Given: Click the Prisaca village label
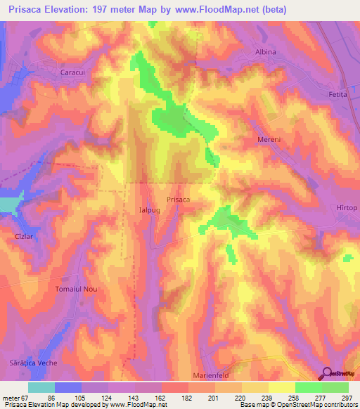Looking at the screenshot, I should (178, 200).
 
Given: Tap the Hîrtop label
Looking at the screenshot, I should (347, 208).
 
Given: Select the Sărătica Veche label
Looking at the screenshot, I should (39, 363).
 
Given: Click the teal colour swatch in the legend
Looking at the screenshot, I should (41, 387).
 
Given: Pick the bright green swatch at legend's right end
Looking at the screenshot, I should (335, 387).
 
